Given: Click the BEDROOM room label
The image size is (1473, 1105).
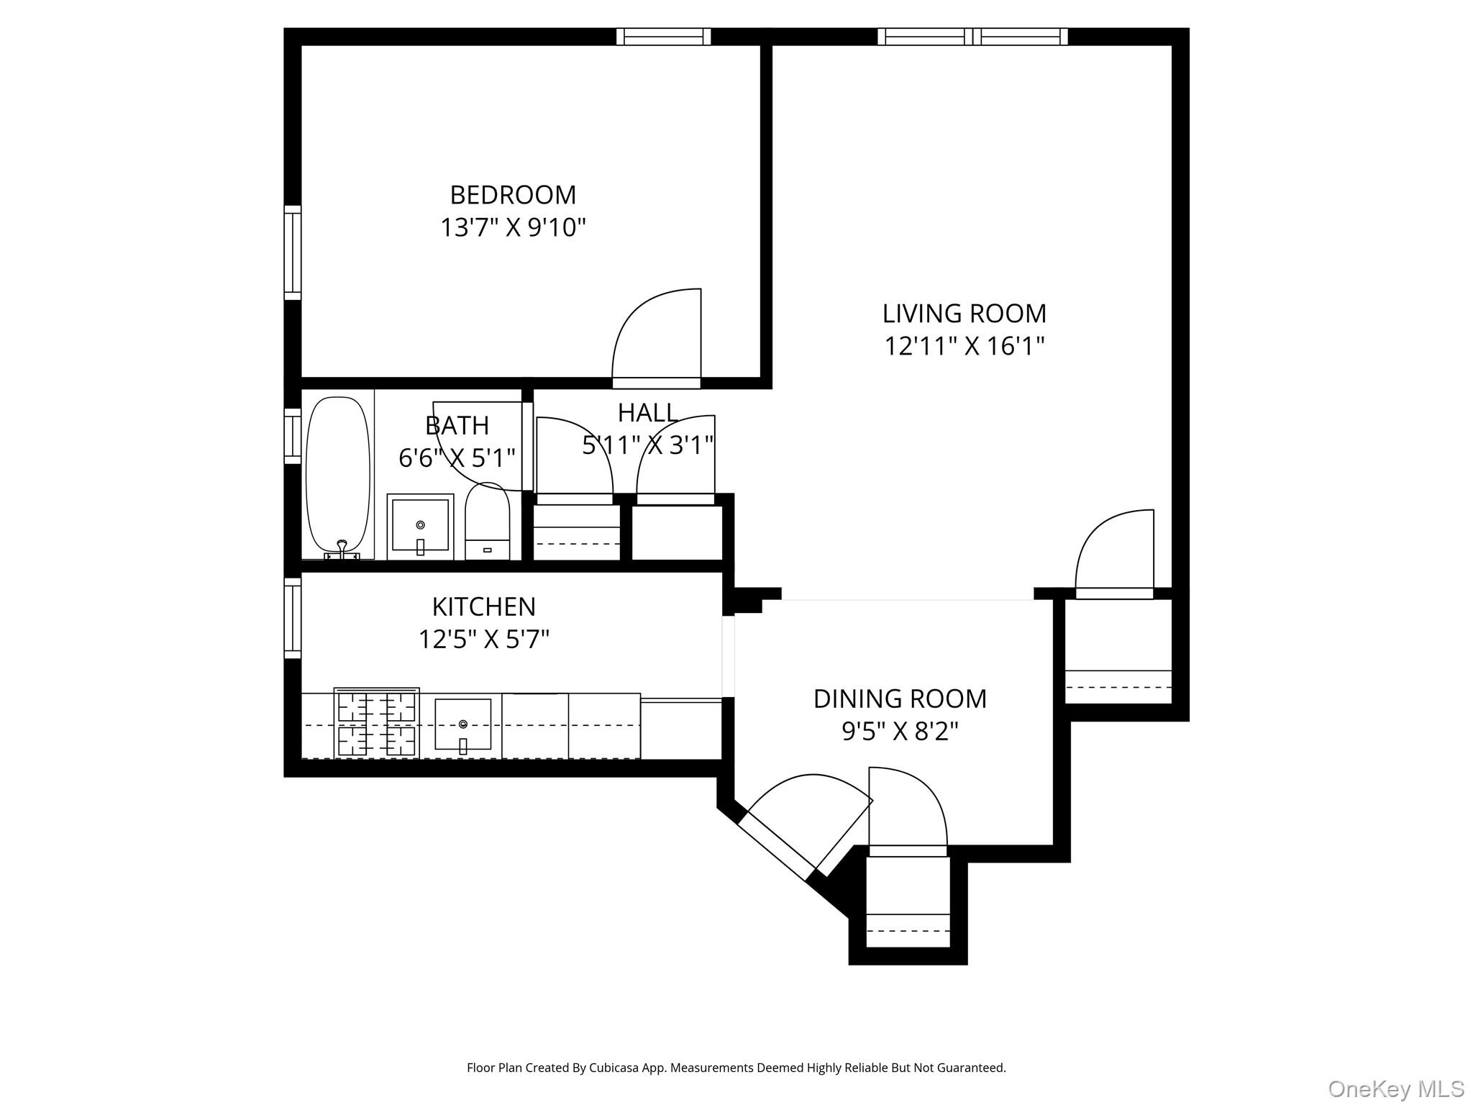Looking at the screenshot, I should coord(513,195).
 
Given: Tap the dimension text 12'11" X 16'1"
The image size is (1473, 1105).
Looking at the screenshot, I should coord(964,346).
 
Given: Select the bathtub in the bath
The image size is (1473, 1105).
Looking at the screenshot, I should coord(338,476).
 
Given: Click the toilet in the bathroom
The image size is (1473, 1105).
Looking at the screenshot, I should coord(487,522).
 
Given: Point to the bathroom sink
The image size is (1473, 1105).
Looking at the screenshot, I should coord(420,527).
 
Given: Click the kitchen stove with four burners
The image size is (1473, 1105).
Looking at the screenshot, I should coord(376,724).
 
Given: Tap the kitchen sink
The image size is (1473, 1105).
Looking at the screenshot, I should coord(463,725).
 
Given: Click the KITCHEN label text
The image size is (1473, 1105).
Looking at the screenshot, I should coord(483,607).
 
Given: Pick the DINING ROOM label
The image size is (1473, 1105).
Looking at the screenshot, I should coord(900,699).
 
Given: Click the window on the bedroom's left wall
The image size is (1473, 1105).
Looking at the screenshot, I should coord(292,253).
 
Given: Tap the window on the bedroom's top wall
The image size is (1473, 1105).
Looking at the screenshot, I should coord(663,37).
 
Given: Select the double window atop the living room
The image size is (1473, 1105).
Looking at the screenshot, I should coord(972,37).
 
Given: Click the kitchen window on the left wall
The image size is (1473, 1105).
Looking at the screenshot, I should coord(292,618).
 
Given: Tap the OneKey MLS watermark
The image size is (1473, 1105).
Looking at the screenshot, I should coord(1395,1088).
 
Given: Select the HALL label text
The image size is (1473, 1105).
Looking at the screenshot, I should coord(647,413).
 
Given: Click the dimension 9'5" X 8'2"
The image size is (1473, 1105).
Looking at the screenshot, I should coord(900,732).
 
